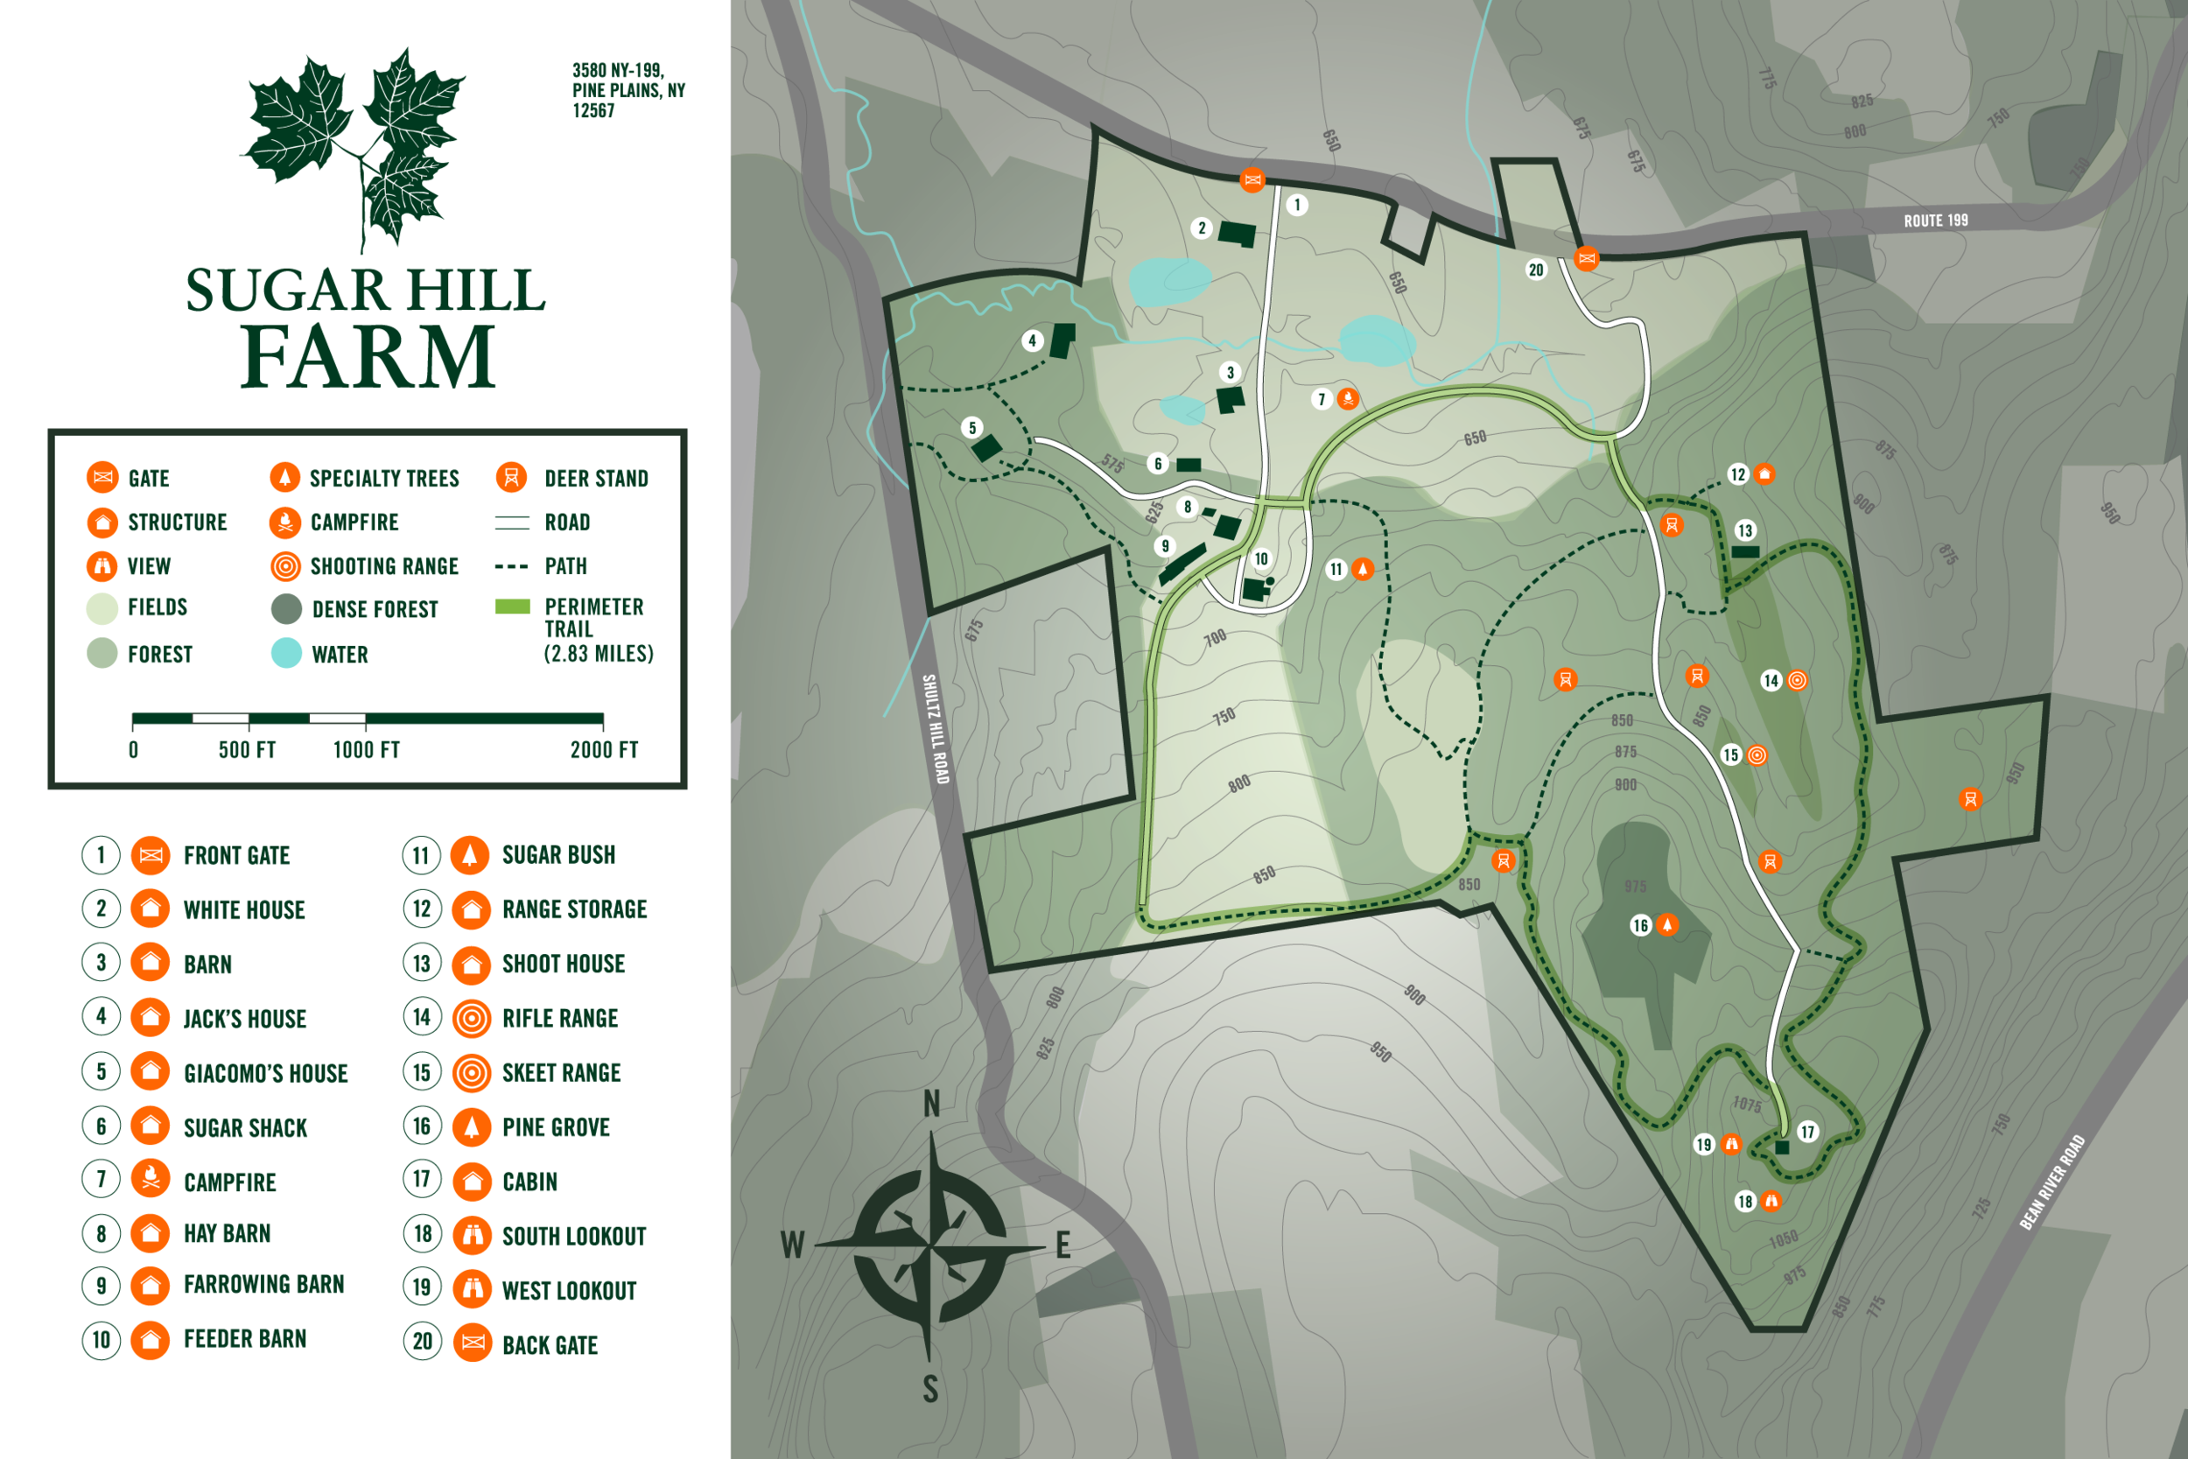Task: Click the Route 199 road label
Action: pyautogui.click(x=1935, y=221)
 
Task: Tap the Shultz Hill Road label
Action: pyautogui.click(x=935, y=728)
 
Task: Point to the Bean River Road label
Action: pyautogui.click(x=2052, y=1182)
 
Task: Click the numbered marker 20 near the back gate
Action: pyautogui.click(x=1536, y=270)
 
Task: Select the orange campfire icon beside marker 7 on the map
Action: pyautogui.click(x=1347, y=399)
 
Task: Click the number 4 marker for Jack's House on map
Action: pyautogui.click(x=1032, y=340)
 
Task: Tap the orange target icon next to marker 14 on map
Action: pyautogui.click(x=1797, y=680)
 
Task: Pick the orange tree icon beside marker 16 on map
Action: pyautogui.click(x=1667, y=925)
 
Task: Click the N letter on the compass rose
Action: pyautogui.click(x=931, y=1105)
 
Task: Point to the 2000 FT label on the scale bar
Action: pyautogui.click(x=604, y=750)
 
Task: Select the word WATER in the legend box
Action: pyautogui.click(x=340, y=655)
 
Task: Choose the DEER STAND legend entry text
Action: pyautogui.click(x=595, y=478)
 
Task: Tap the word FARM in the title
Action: pyautogui.click(x=368, y=356)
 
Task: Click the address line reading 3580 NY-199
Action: pyautogui.click(x=618, y=71)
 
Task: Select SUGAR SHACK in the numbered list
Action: pyautogui.click(x=245, y=1128)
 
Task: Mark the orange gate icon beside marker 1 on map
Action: pyautogui.click(x=1252, y=179)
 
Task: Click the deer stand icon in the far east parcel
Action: pyautogui.click(x=1969, y=798)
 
